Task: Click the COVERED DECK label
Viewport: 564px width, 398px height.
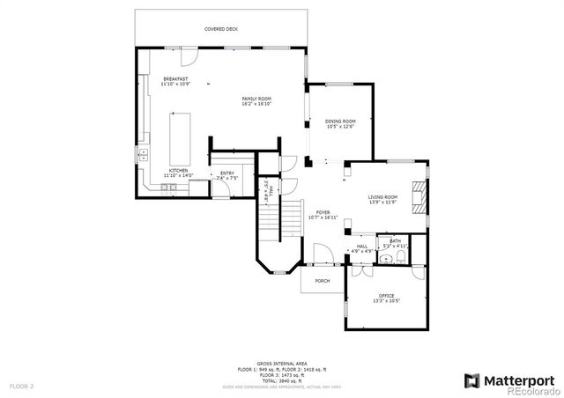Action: (x=220, y=29)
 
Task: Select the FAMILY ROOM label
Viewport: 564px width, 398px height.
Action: (x=257, y=99)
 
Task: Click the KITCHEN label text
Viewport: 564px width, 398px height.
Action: (x=179, y=171)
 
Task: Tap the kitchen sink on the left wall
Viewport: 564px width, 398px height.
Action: (x=143, y=154)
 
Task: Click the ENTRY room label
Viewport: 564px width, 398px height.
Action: (x=226, y=173)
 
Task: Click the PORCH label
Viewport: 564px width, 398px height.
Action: (x=323, y=281)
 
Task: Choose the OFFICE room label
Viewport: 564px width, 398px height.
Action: (x=386, y=296)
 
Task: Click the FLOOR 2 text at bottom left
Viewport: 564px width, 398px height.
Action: (x=21, y=386)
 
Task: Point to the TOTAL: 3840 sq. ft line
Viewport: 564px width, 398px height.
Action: (x=282, y=380)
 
